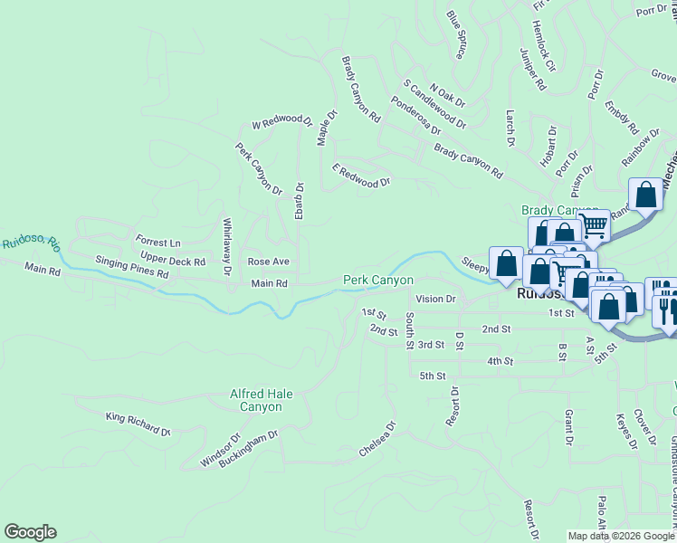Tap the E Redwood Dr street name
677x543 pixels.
coord(361,175)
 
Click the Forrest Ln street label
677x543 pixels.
coord(158,243)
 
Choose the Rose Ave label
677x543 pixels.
coord(269,262)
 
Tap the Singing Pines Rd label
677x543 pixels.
coord(132,267)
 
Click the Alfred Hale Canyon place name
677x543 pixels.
coord(261,400)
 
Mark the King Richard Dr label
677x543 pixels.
coord(138,424)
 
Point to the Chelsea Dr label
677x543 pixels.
coord(378,438)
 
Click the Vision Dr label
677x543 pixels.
coord(435,299)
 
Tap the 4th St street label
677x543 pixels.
coord(500,361)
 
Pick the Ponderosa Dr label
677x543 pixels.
coord(415,115)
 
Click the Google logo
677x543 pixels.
coord(30,532)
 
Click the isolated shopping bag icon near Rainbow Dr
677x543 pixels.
coord(646,194)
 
